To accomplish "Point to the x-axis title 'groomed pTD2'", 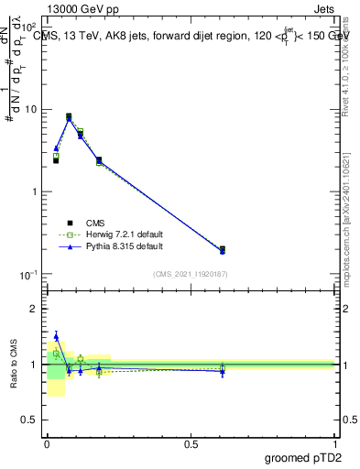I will (x=303, y=456).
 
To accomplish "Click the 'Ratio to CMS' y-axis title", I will (x=14, y=365).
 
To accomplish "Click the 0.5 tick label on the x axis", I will (x=191, y=443).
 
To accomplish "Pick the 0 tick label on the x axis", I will (x=47, y=443).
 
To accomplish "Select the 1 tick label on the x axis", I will (x=335, y=443).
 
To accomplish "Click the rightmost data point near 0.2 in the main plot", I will (x=223, y=249).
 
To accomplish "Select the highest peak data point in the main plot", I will (x=69, y=117).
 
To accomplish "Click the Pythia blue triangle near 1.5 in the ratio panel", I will (x=56, y=336).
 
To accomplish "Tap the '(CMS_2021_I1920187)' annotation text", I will (x=190, y=274).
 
